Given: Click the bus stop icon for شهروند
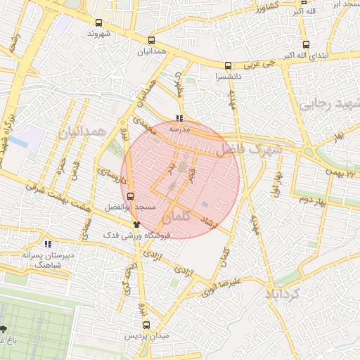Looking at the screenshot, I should [99, 22].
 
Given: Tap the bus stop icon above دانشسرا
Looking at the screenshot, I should [226, 65].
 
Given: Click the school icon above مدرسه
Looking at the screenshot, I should [180, 118].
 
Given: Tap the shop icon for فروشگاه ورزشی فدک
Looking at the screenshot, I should [136, 224].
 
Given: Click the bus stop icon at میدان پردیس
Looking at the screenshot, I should [147, 325].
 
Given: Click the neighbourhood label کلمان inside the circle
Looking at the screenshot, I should [175, 219].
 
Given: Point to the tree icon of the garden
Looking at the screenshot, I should [4, 329].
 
